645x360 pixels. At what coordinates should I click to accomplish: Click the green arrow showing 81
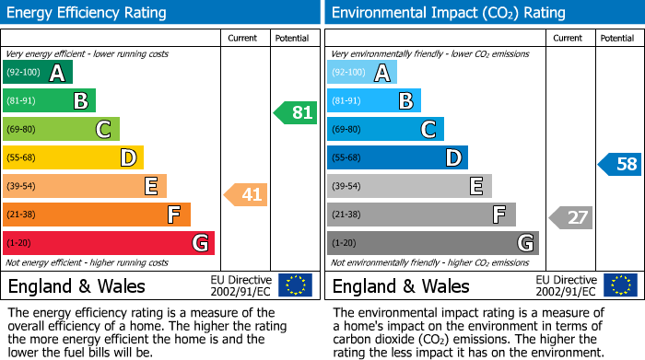pos(296,113)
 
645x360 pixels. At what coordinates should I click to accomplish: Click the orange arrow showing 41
pos(246,194)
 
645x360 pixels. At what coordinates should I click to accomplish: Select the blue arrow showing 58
pos(620,165)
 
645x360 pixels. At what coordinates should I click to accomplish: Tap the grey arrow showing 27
pos(571,218)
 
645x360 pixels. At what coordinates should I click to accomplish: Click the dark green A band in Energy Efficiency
pos(38,73)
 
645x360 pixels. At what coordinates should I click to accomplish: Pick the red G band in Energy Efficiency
pos(109,243)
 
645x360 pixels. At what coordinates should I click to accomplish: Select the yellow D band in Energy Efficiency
pos(73,158)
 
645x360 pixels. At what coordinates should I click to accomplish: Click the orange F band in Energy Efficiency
pos(97,215)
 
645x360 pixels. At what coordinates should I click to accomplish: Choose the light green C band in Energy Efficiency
pos(61,130)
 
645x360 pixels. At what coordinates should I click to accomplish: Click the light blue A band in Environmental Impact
pos(362,73)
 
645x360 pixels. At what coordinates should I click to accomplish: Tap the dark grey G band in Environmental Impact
pos(432,243)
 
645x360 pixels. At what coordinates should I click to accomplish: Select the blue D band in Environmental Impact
pos(397,158)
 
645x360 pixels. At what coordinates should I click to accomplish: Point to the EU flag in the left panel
pos(295,285)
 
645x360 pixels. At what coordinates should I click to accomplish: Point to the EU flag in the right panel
pos(620,285)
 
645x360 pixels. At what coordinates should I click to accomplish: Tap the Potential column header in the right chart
pos(616,38)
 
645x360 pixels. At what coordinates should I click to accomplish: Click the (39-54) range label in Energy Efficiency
pos(22,187)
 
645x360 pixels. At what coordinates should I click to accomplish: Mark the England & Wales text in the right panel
pos(401,285)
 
